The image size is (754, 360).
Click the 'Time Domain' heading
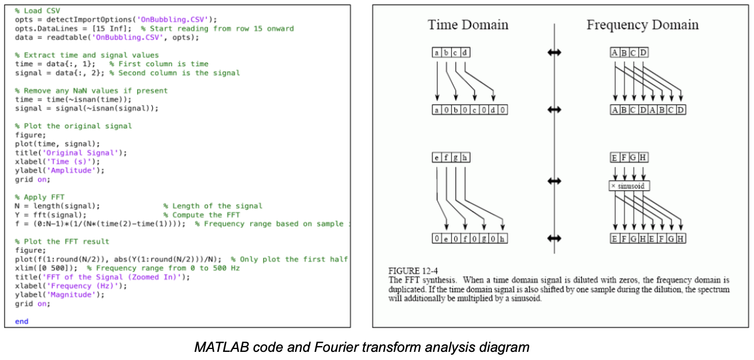coord(468,25)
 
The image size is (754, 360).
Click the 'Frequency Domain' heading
coord(642,25)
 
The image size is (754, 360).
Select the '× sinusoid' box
coord(629,186)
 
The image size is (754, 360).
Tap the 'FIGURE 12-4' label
coord(413,271)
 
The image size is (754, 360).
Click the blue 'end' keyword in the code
coord(21,321)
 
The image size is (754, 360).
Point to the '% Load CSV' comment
coord(37,11)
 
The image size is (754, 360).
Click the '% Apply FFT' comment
coord(40,197)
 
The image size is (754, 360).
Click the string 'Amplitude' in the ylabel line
coord(71,171)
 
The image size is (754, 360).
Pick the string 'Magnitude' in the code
coord(71,295)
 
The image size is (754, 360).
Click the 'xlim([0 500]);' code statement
coord(46,268)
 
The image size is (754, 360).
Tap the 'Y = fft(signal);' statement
coord(51,215)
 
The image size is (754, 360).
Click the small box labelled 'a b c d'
coord(451,52)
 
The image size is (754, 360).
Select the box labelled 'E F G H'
coord(629,157)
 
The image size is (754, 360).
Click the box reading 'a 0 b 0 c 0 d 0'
coord(470,110)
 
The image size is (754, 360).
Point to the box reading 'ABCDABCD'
coord(648,110)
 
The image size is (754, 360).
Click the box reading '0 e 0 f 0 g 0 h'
coord(470,239)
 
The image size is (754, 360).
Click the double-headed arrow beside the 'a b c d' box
coord(554,52)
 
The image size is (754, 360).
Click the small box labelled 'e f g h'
coord(451,157)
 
